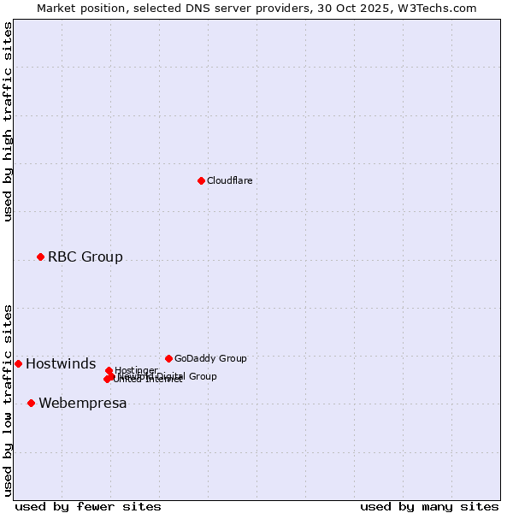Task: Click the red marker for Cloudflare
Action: tap(201, 180)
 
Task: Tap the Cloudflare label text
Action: tap(229, 180)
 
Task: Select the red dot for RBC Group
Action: tap(40, 256)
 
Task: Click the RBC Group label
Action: tap(85, 256)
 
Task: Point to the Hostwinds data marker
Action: tap(18, 363)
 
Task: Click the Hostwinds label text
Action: tap(61, 364)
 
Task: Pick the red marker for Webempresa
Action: tap(31, 403)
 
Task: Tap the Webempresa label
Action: tap(82, 404)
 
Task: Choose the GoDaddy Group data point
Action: tap(168, 358)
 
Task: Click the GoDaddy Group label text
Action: tap(210, 358)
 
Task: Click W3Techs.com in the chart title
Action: tap(438, 8)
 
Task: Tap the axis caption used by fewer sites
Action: tap(88, 506)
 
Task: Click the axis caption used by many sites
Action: tap(429, 506)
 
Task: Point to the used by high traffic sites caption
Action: tap(8, 121)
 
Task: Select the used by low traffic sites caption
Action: tap(8, 400)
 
